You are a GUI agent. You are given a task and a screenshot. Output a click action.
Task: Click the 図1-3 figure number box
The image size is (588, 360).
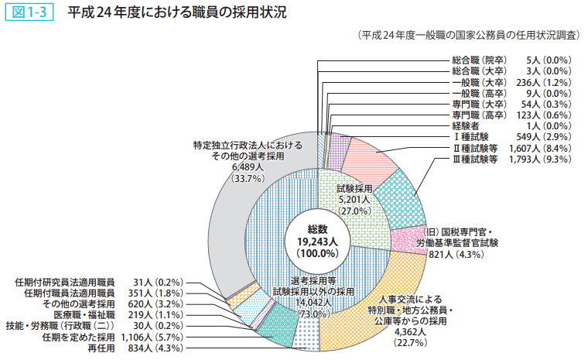[29, 13]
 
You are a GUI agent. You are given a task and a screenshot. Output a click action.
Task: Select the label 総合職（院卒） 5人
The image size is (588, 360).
[511, 59]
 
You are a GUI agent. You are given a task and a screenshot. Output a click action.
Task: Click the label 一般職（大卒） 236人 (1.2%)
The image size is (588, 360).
[511, 81]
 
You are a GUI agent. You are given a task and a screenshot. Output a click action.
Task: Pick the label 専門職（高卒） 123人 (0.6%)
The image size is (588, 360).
[511, 115]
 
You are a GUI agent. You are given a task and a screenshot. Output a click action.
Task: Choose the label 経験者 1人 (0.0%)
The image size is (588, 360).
[511, 125]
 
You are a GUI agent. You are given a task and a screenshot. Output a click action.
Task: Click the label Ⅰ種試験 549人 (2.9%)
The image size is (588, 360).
[511, 136]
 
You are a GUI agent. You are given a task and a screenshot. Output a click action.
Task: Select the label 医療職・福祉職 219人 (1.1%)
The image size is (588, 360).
[115, 315]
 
